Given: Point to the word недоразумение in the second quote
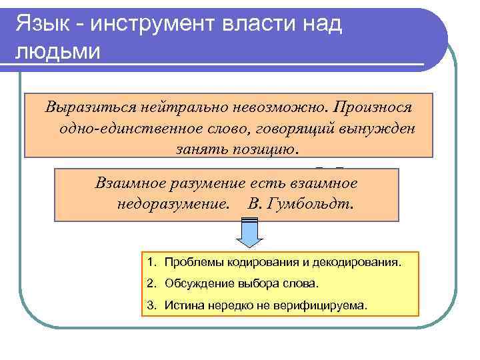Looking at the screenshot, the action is [x=171, y=203].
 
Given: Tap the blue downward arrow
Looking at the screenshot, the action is [x=248, y=235].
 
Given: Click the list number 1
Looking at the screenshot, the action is [x=151, y=262].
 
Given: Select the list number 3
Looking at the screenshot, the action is [x=151, y=305].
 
